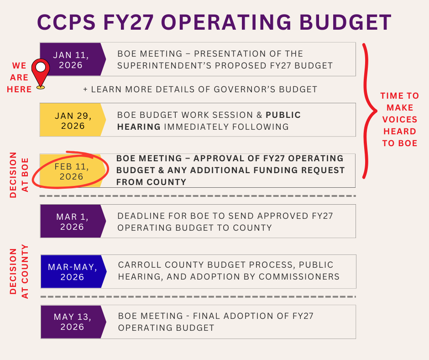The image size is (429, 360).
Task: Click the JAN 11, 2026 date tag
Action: [x=71, y=60]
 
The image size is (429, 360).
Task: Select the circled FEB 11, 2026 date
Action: [x=72, y=171]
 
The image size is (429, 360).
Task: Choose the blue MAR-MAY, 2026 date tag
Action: [x=72, y=272]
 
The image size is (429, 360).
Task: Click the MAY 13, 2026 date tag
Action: [x=72, y=322]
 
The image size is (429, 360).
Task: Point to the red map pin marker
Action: [x=41, y=73]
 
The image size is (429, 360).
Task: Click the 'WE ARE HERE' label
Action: [x=19, y=78]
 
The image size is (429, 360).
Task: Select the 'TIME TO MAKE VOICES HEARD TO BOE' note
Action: [x=400, y=119]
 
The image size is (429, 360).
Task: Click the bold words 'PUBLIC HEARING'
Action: [x=283, y=115]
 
